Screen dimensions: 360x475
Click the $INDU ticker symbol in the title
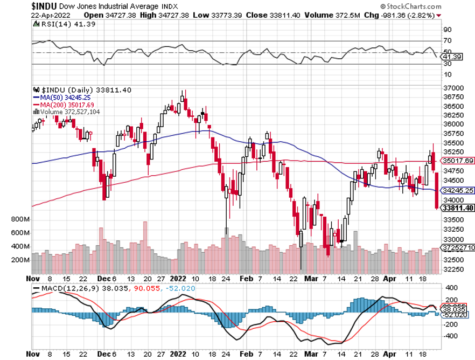(x=44, y=6)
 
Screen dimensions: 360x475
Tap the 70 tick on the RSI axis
(x=448, y=41)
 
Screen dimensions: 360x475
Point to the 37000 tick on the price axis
(x=452, y=88)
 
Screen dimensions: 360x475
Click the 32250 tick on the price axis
(x=452, y=269)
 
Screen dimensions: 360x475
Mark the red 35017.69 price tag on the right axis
(x=457, y=161)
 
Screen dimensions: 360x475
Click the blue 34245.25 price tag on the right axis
(x=457, y=190)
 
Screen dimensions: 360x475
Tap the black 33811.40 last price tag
(x=457, y=208)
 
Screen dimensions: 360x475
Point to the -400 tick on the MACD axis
(x=450, y=335)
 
